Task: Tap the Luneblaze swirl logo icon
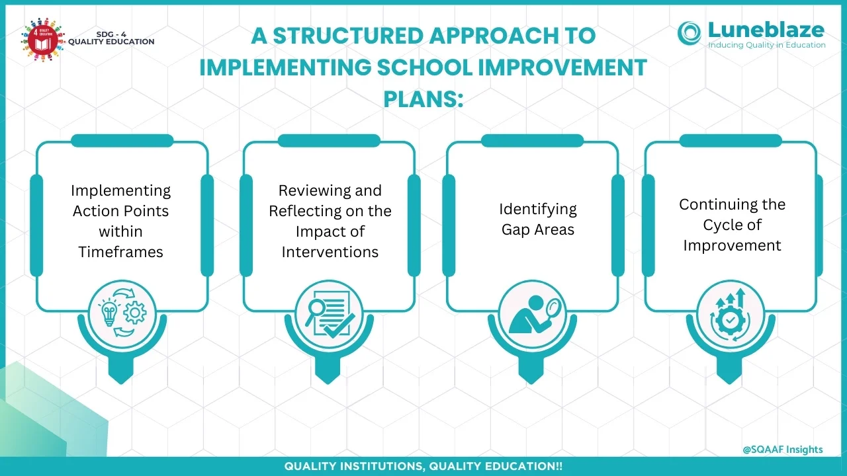[690, 33]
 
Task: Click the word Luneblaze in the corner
[766, 30]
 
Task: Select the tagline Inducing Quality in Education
[767, 45]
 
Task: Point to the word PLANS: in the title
[423, 99]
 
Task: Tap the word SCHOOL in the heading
[425, 67]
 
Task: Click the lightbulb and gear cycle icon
[122, 313]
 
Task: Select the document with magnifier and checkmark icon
[330, 314]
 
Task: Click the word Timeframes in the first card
[120, 252]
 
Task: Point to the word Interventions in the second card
[330, 252]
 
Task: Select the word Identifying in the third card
[538, 210]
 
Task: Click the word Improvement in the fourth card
[732, 246]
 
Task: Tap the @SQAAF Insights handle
[783, 450]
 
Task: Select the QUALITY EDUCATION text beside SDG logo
[111, 42]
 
